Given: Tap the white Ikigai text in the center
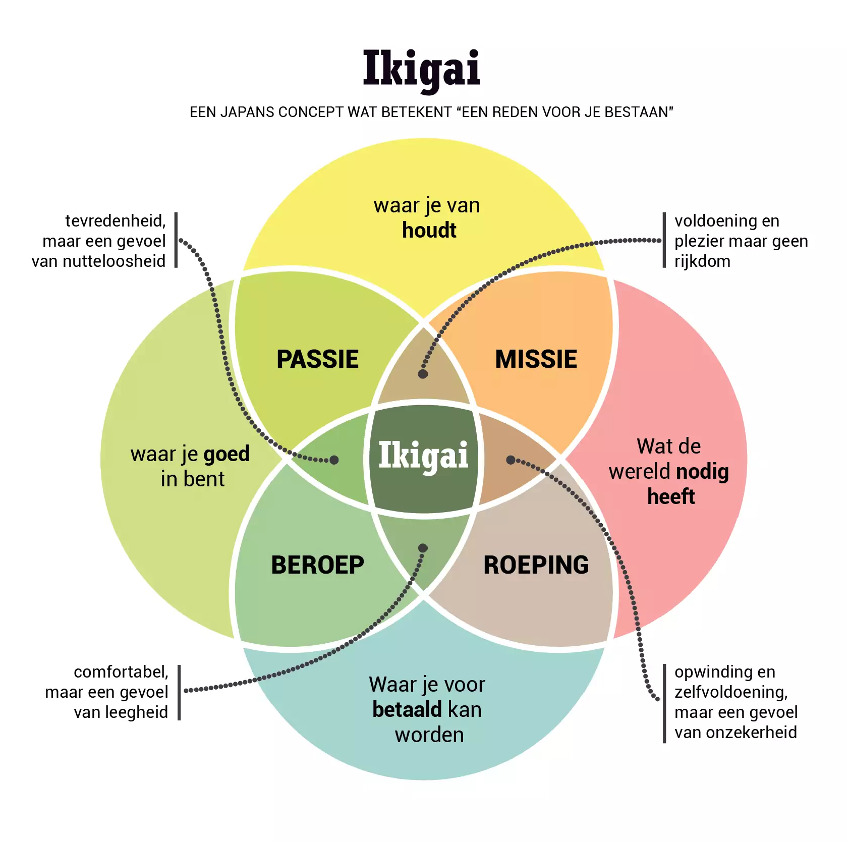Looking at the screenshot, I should point(423,456).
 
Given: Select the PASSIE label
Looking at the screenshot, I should point(317,359).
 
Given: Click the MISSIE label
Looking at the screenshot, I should point(536,359).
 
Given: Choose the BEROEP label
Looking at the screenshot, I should point(317,565).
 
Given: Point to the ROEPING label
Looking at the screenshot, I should point(536,565).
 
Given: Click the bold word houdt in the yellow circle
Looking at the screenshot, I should point(429,231).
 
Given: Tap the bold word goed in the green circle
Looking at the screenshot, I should point(227,454).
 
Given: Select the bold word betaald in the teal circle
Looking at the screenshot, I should point(406,709).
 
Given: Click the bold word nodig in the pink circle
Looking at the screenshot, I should point(702,472).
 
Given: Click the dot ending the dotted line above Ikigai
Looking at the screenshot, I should point(423,374).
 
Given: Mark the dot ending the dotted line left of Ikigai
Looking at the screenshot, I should point(334,460).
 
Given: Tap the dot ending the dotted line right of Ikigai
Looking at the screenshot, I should point(511,460).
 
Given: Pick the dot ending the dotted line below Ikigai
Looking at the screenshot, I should point(423,548).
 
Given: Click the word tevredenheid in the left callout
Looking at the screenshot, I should point(116,221).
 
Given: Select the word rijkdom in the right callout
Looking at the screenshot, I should point(702,261).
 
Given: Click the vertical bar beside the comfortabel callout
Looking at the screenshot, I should point(179,692).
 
